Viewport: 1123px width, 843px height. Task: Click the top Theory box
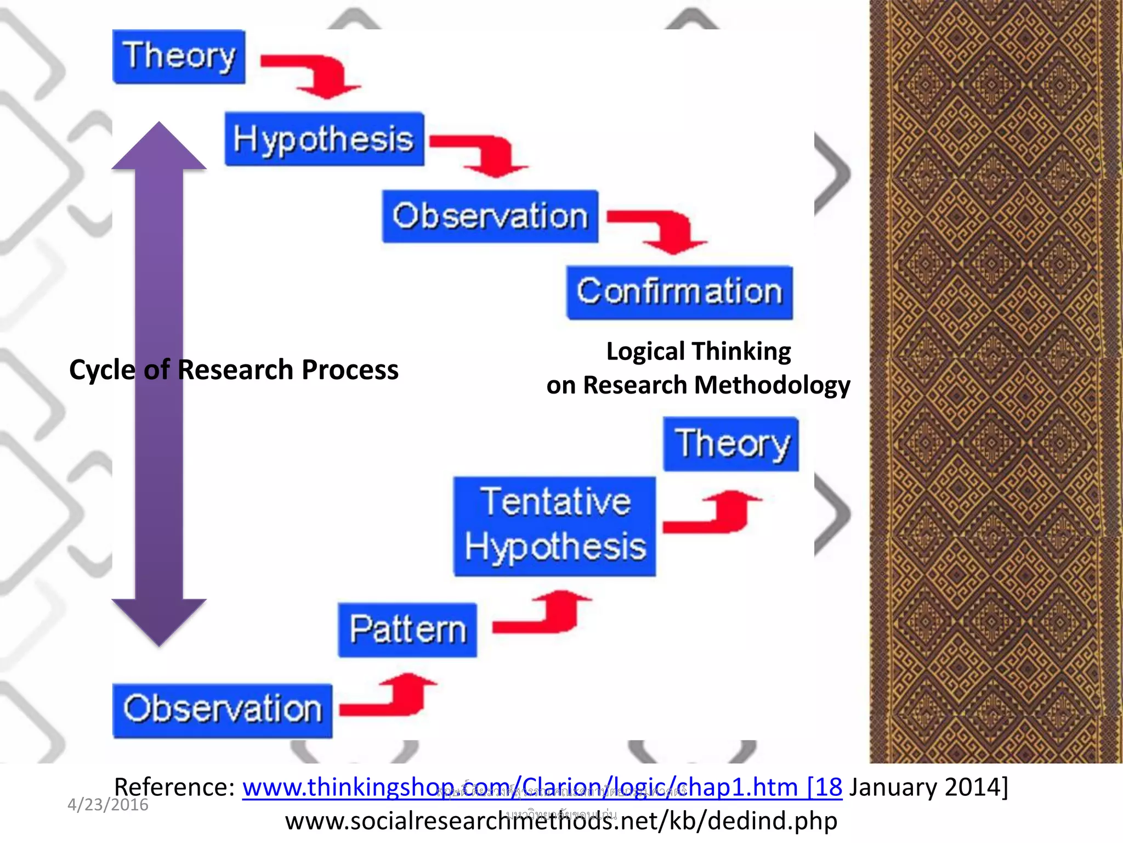click(x=179, y=57)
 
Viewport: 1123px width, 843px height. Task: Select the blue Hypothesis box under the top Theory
click(x=324, y=139)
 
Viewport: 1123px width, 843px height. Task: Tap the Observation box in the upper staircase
click(x=490, y=216)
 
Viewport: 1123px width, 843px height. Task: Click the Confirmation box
click(x=679, y=293)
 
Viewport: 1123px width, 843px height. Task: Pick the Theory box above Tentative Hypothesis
click(x=731, y=444)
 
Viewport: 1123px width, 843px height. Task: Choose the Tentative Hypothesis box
click(x=554, y=526)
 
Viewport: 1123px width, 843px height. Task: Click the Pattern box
click(x=407, y=630)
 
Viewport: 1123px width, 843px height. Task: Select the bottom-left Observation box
click(x=222, y=710)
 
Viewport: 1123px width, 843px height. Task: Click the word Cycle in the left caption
click(x=102, y=370)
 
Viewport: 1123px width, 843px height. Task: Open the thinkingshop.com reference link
click(x=542, y=787)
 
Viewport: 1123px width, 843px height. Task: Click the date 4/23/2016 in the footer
click(x=107, y=805)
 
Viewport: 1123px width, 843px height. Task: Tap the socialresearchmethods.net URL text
click(x=561, y=821)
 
